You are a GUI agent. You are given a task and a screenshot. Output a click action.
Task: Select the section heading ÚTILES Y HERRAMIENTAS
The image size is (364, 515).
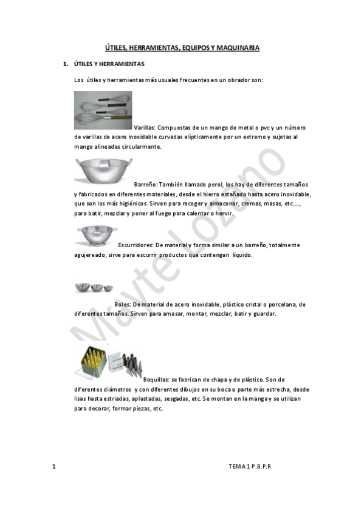[109, 64]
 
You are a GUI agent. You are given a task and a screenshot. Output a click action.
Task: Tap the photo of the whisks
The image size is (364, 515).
[103, 110]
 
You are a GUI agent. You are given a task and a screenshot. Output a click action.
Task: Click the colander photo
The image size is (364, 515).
[92, 236]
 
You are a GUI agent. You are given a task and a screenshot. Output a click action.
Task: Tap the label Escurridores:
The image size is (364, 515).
[136, 245]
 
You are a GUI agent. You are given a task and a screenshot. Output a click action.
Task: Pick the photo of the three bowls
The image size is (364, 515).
[94, 288]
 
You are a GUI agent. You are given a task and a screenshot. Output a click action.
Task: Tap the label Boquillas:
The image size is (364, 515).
[157, 380]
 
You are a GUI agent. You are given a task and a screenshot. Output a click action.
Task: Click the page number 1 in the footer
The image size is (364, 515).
[54, 466]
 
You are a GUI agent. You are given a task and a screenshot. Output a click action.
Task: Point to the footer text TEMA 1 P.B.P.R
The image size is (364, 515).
[250, 466]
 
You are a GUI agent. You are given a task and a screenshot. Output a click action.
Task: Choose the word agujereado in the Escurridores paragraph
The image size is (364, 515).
[90, 255]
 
